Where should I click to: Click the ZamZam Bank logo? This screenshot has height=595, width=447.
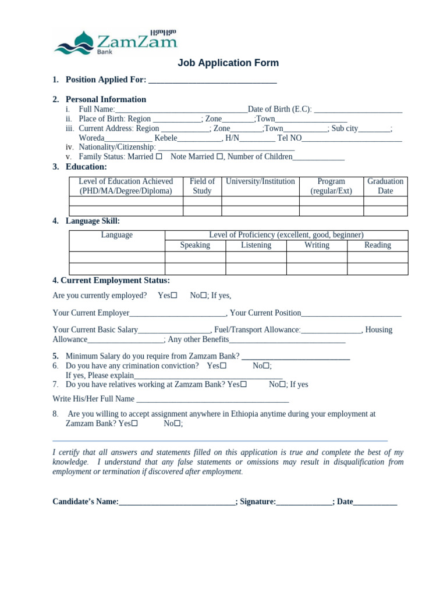[115, 42]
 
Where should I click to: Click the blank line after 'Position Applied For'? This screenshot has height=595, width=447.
[212, 81]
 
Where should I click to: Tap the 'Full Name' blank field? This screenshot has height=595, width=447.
[181, 109]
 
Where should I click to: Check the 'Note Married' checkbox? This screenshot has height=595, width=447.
[220, 157]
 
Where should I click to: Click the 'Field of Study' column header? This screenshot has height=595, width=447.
[202, 186]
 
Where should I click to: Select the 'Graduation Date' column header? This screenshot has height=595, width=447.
[385, 186]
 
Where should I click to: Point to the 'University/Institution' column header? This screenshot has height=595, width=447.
[260, 182]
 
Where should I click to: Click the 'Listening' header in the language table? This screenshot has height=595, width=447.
[256, 245]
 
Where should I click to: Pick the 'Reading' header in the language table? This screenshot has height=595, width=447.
[378, 245]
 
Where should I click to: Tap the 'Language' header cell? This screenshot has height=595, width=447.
[117, 235]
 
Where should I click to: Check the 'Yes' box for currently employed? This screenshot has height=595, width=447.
[174, 296]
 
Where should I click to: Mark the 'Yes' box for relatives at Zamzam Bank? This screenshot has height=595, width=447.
[244, 385]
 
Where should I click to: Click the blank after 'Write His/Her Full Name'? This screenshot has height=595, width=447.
[212, 400]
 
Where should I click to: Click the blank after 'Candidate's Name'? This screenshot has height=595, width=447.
[177, 502]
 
